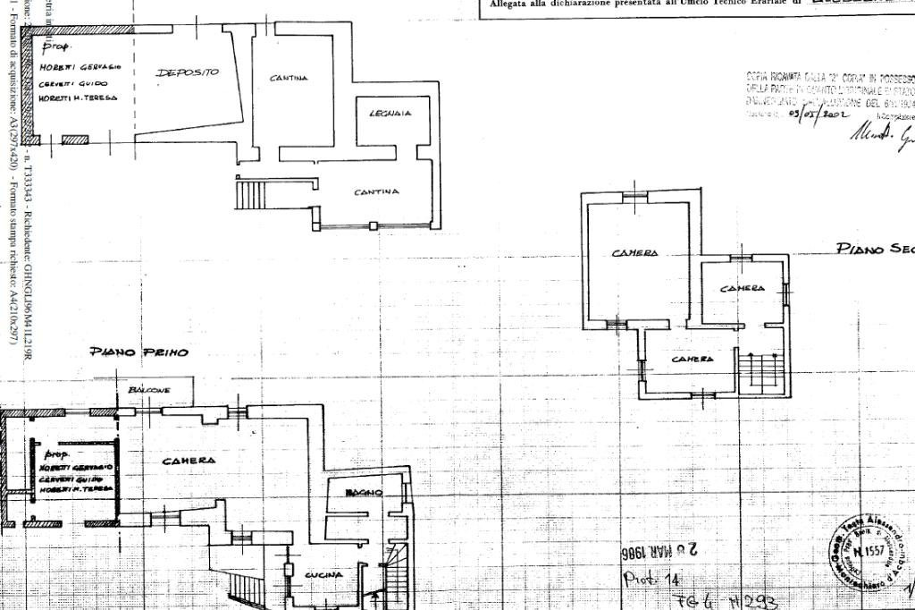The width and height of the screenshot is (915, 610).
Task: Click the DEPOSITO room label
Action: [188, 72]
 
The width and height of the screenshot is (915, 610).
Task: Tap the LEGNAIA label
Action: [390, 114]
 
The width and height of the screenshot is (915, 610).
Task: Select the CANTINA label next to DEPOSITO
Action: [289, 79]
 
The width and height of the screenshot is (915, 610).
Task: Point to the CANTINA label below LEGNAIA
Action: [376, 192]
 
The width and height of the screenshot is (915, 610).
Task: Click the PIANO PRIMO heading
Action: [139, 352]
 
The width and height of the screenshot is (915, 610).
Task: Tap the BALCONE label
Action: [149, 391]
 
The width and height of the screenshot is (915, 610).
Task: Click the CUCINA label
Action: [323, 575]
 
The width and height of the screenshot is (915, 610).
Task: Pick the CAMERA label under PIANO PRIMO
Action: [189, 461]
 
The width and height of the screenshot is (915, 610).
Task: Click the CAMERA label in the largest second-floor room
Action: [635, 253]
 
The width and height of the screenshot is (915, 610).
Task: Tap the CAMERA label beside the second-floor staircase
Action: [693, 359]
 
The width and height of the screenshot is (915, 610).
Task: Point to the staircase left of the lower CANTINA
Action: [250, 193]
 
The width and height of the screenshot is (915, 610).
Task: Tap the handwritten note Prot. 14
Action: [651, 580]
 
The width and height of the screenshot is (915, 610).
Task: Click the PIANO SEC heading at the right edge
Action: [875, 249]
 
